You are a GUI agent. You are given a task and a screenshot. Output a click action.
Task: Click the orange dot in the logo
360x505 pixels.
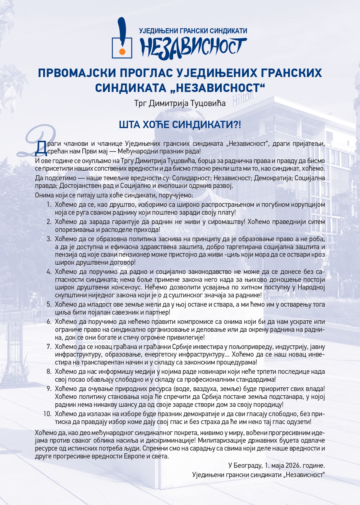(x=122, y=52)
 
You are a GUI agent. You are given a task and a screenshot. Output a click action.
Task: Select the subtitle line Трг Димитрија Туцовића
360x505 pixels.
(x=180, y=103)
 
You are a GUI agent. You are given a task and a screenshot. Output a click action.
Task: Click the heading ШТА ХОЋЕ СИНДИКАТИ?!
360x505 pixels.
(x=180, y=124)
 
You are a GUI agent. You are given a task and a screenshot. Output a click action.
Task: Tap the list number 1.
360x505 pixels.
(x=49, y=205)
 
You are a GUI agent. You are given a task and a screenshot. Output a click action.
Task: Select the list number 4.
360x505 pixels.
(x=49, y=272)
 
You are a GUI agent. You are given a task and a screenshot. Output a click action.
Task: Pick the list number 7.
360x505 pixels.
(x=49, y=346)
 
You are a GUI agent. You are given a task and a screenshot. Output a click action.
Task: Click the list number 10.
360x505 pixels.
(x=48, y=414)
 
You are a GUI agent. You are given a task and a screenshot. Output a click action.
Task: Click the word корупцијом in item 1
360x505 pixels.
(x=308, y=205)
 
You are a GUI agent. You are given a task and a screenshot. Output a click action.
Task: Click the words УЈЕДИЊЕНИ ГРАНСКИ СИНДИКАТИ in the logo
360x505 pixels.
(x=193, y=31)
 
